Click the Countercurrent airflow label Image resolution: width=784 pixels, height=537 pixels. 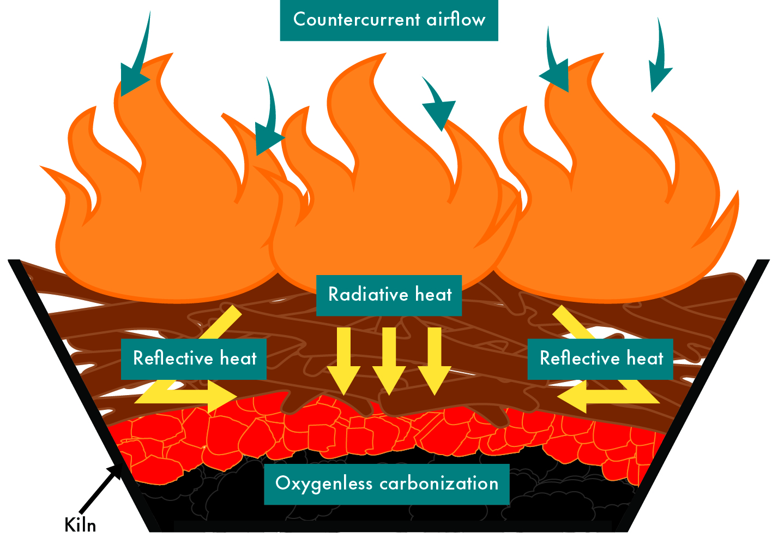coord(389,20)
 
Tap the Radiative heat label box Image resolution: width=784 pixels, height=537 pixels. coord(389,295)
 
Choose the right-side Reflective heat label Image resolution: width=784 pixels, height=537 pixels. coord(600,359)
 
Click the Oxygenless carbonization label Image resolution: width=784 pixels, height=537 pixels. coord(387,484)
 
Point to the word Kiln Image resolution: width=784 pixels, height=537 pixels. coord(80,525)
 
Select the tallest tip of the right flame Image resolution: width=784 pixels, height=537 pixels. coord(602,55)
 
